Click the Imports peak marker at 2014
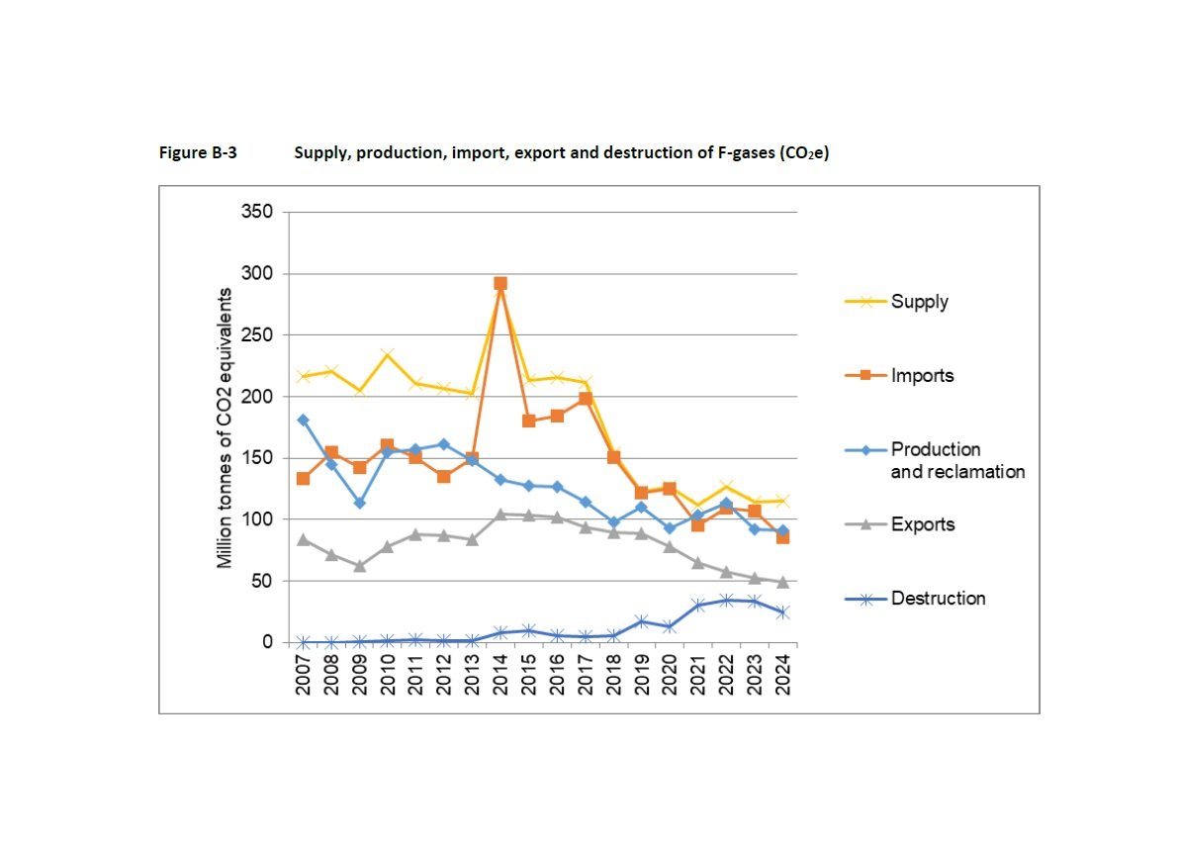[500, 283]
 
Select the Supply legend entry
[919, 302]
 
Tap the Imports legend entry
[922, 376]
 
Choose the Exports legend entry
[922, 524]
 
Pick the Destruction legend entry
[938, 599]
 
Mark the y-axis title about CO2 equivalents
[226, 427]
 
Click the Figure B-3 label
[198, 154]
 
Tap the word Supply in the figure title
[319, 154]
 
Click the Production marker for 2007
[304, 420]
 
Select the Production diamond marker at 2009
[360, 503]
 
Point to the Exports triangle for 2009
[360, 566]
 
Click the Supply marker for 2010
[388, 354]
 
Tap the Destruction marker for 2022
[726, 600]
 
